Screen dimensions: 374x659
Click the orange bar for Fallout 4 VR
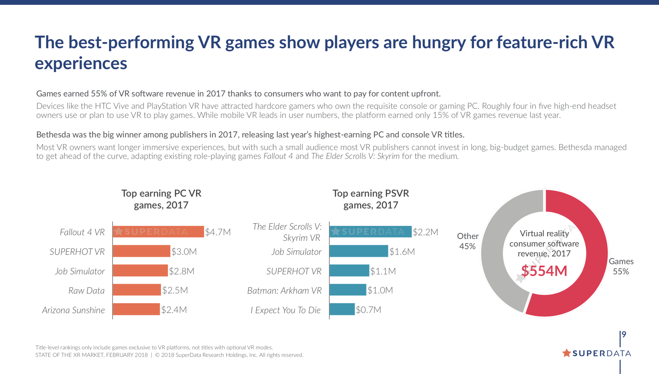click(158, 232)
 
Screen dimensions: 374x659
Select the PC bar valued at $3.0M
click(141, 251)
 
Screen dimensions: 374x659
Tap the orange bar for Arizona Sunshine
click(136, 309)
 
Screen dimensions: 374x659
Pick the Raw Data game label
click(86, 290)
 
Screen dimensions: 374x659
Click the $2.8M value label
click(182, 271)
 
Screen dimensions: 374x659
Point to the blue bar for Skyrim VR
click(370, 232)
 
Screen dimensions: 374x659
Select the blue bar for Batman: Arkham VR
click(348, 290)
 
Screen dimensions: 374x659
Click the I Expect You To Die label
click(285, 310)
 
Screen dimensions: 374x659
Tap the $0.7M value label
click(368, 310)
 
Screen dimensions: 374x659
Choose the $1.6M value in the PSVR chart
click(402, 252)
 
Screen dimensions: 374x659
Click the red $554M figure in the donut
click(544, 271)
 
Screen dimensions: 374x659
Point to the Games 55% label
click(621, 266)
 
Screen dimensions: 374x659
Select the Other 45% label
click(468, 241)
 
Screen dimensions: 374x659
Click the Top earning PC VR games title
click(161, 199)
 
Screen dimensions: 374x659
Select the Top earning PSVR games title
click(371, 199)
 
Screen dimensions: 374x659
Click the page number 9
click(624, 334)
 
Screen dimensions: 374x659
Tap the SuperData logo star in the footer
click(566, 353)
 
